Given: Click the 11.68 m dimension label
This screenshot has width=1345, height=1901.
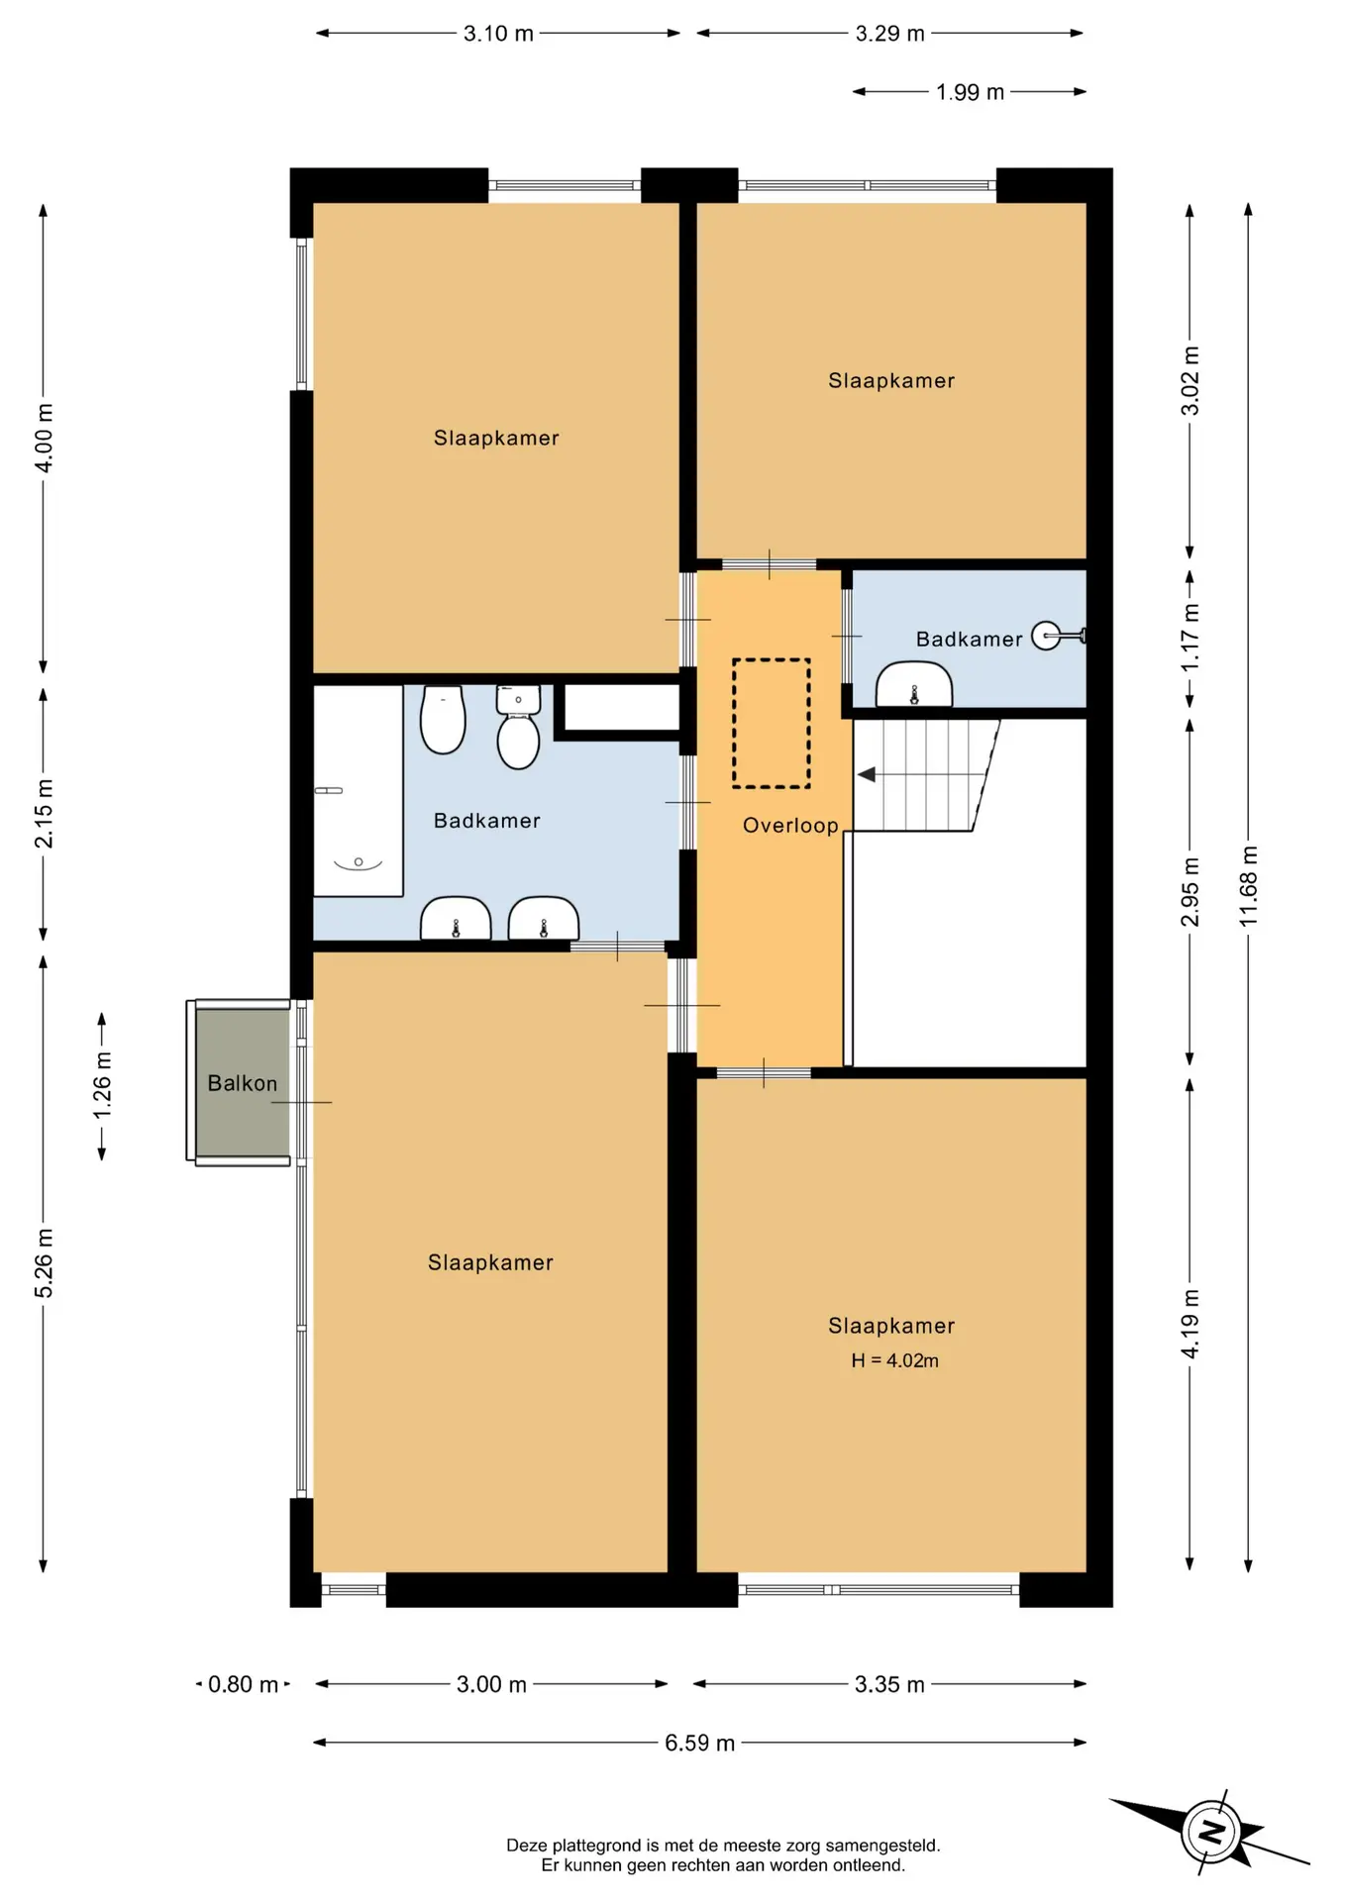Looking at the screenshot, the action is pos(1248,885).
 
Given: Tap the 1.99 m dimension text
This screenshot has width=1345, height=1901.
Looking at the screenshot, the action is pos(971,92).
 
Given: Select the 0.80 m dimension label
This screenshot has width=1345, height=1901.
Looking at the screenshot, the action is pos(243,1684).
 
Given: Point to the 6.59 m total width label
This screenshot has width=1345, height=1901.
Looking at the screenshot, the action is pos(699,1743).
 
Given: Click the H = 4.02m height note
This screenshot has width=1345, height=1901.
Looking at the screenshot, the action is pos(894,1360).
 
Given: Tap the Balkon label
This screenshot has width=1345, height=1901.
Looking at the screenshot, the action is pos(243,1083).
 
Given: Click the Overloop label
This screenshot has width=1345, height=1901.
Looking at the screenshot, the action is pos(790,826).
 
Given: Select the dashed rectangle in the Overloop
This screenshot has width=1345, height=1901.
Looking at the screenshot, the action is pos(772,724).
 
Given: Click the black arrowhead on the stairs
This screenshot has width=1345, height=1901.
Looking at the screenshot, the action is pos(867,774).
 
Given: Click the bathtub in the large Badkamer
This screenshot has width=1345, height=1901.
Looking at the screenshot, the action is pos(358,791).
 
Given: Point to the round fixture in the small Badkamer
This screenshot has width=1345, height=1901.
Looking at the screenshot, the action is pos(1047,636).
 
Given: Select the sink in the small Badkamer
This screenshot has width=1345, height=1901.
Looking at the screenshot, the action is pos(914,684).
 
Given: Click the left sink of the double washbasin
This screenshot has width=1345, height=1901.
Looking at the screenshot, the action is pos(456,919).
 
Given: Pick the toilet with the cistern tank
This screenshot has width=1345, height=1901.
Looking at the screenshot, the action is pos(518,728).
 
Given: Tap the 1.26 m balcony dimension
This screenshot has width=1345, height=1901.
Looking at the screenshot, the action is pos(101,1085).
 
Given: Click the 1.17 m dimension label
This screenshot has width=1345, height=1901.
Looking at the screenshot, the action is pos(1190,638).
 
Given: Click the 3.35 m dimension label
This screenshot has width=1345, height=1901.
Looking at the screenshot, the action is pos(889,1684).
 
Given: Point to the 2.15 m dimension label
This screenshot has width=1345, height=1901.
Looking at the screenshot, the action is pos(44,814).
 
